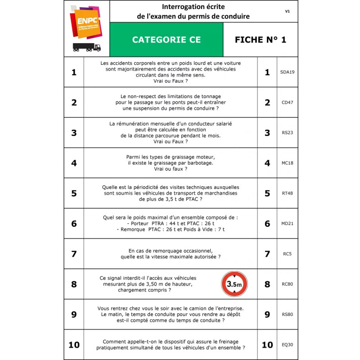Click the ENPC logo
pos(86,22)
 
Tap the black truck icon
pos(86,47)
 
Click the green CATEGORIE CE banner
pos(166,40)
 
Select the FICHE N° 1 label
pos(260,40)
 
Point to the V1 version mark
pos(287,11)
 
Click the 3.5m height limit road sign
pos(234,284)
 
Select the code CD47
pos(287,102)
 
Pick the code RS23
pos(287,133)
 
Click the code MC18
pos(287,163)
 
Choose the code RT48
pos(287,193)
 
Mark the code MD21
pos(287,224)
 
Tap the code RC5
pos(287,254)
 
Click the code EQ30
pos(287,345)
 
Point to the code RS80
pos(287,315)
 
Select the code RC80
pos(287,284)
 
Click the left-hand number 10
pos(74,345)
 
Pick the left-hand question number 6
pos(74,224)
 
